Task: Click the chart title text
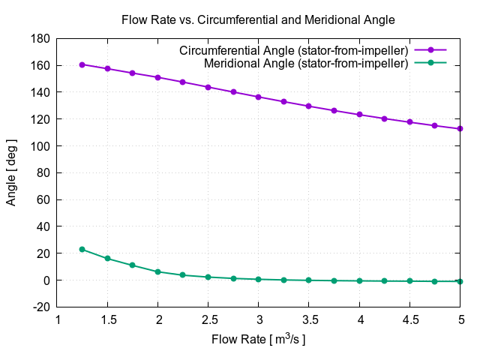tap(258, 19)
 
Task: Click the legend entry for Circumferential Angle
tap(293, 50)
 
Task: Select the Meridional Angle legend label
tap(306, 64)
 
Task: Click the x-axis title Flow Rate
tap(258, 340)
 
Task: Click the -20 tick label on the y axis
tap(41, 307)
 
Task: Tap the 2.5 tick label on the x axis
tap(208, 319)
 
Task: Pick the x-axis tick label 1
tap(58, 319)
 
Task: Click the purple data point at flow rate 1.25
tap(82, 64)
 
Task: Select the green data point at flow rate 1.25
tap(82, 249)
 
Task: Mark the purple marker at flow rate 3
tap(259, 97)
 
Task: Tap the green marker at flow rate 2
tap(158, 271)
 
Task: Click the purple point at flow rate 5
tap(460, 128)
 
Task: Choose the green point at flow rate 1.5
tap(108, 259)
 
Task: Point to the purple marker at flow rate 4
tap(359, 115)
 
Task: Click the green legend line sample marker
tap(430, 64)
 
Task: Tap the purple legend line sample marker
tap(430, 50)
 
